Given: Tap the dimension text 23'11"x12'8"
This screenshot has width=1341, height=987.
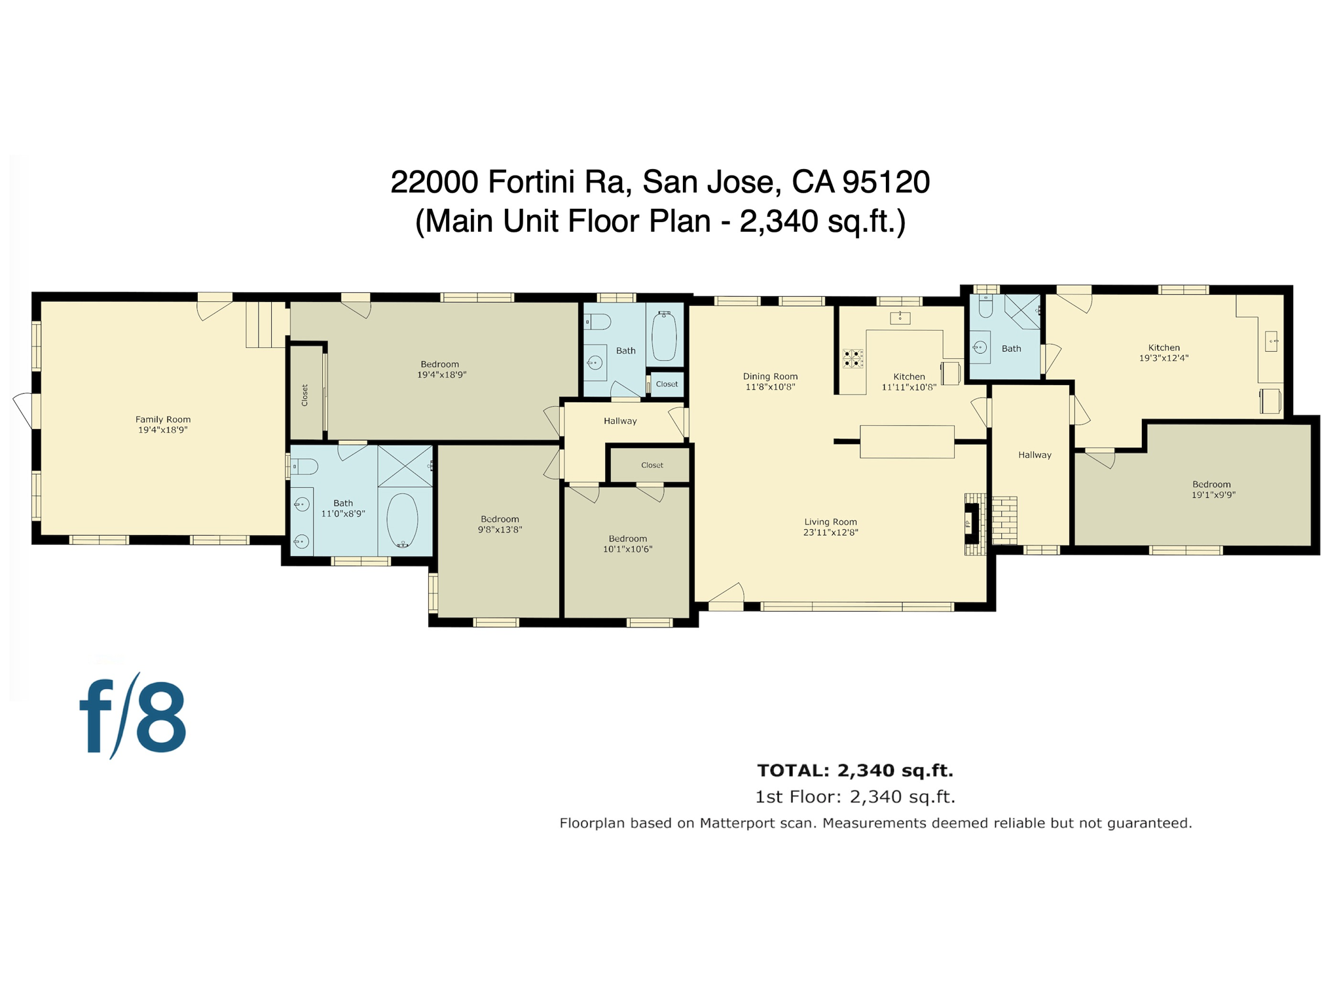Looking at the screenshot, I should pos(830,532).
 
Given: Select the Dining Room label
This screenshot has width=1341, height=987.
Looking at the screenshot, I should pos(770,377).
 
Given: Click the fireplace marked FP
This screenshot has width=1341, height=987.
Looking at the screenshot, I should pos(971,523).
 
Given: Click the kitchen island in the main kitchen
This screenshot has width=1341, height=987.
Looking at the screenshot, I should pos(907,441).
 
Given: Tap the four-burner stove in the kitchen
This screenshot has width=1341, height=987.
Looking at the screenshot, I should pos(853,358).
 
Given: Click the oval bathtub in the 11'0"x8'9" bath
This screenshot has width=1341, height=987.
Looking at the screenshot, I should pos(402,521).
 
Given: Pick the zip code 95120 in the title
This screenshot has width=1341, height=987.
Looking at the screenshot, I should pos(886,181).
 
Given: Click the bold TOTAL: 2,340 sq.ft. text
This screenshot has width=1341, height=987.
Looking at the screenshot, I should pos(854,770).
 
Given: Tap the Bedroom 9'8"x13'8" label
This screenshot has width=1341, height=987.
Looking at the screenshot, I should pos(500,524).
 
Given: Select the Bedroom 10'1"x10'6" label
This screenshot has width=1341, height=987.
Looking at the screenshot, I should pos(627,544).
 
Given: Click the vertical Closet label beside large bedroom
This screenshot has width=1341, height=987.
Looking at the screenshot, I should pos(304,395).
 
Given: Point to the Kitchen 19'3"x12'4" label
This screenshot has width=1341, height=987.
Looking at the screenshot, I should pos(1164,353).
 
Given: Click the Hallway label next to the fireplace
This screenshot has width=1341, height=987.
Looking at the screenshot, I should pos(1035,455).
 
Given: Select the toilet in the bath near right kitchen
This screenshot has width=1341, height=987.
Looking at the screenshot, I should pos(985,307).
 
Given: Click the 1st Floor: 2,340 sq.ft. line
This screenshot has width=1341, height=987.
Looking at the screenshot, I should pos(854,797).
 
